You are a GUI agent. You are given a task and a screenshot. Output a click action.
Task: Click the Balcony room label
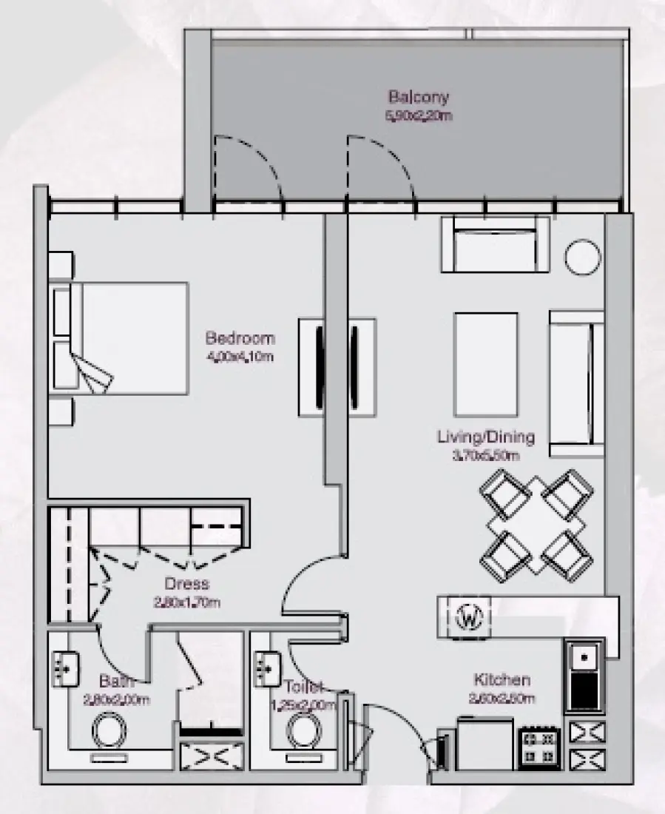click(x=418, y=97)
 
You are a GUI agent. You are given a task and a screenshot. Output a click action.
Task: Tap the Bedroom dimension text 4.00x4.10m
click(x=240, y=357)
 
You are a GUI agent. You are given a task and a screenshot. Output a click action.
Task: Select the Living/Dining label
click(x=485, y=437)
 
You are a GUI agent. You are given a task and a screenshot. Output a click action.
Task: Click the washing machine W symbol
click(x=467, y=616)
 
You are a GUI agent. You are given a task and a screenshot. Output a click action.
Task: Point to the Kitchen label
click(x=502, y=679)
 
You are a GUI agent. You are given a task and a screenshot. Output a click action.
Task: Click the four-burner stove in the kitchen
click(x=540, y=748)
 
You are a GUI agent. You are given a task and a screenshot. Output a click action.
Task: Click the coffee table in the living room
click(x=485, y=366)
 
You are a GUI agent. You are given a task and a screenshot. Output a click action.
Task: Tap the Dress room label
click(x=186, y=584)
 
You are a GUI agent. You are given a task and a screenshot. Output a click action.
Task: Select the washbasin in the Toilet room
click(x=265, y=669)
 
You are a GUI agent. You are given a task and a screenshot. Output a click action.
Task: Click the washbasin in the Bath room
click(x=65, y=670)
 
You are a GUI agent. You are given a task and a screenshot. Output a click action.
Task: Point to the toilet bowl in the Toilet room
click(x=303, y=730)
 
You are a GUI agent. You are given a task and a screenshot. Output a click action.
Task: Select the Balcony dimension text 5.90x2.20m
click(x=418, y=116)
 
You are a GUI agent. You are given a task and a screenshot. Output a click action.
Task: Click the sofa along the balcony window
click(x=494, y=246)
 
